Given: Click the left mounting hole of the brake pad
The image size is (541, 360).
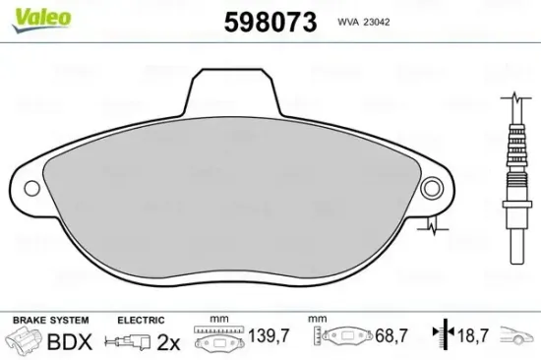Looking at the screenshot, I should [x=31, y=186].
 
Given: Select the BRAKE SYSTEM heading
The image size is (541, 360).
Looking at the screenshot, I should [x=48, y=320].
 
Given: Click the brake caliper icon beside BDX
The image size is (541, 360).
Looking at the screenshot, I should [x=23, y=342].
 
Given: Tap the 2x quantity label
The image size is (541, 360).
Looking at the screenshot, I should [x=168, y=342].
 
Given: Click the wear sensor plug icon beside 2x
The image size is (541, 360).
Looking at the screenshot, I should [x=128, y=342].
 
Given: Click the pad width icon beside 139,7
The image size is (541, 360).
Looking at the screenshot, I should [x=218, y=339].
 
